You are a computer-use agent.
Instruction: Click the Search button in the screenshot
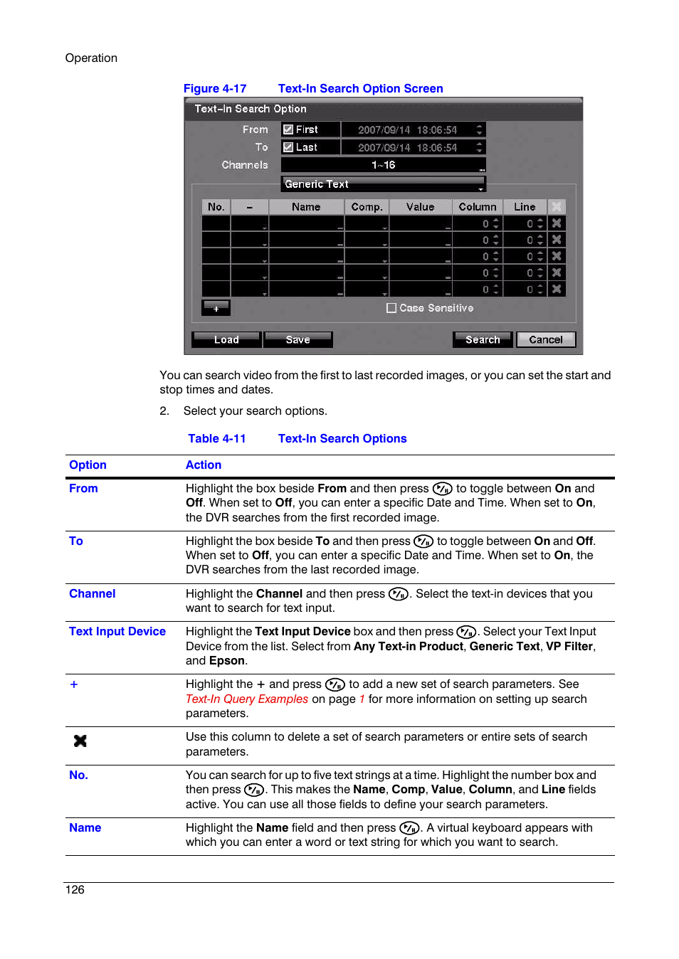482,339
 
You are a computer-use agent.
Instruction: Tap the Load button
226,339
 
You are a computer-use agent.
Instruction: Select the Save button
298,339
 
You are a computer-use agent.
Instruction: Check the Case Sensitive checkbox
391,308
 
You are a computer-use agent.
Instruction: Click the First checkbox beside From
288,129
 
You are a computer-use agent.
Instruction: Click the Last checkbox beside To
288,147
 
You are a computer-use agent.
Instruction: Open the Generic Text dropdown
383,184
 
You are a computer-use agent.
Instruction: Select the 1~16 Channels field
383,165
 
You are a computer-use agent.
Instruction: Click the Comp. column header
367,207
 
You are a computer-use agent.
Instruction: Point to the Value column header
420,207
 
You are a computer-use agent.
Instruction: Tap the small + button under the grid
216,308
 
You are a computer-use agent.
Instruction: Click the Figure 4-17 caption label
215,89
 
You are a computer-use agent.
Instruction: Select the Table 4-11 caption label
217,439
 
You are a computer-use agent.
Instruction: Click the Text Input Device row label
117,632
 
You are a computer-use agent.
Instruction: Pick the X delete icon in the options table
80,741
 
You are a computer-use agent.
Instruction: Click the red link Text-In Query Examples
247,699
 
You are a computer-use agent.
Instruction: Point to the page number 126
75,890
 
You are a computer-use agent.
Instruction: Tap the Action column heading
204,465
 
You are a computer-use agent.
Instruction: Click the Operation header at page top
91,58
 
